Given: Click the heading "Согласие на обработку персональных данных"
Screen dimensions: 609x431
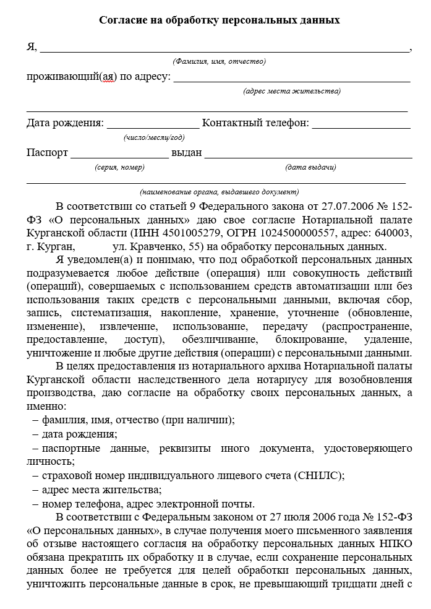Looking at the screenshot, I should pyautogui.click(x=220, y=20).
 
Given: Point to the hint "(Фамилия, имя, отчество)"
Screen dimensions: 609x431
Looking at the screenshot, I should pyautogui.click(x=220, y=61).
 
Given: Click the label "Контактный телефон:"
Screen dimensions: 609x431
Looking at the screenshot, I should pyautogui.click(x=255, y=123).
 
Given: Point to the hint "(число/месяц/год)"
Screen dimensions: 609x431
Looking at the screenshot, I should pyautogui.click(x=154, y=137).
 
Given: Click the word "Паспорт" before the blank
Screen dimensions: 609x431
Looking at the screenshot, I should pyautogui.click(x=48, y=153).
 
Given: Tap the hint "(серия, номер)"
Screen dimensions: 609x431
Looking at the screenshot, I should pyautogui.click(x=119, y=167).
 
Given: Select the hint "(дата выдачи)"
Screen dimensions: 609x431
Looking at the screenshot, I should pyautogui.click(x=310, y=167).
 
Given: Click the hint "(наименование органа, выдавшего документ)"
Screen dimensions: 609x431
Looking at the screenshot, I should pyautogui.click(x=220, y=191).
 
